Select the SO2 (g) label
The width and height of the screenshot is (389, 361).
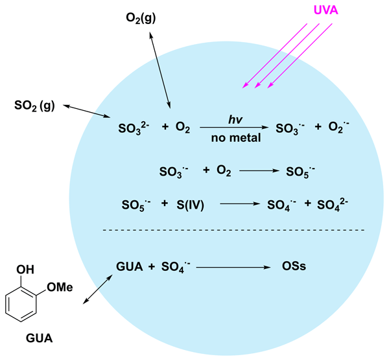coord(37,106)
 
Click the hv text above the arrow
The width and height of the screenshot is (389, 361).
coord(235,119)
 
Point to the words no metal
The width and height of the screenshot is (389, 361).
coord(234,137)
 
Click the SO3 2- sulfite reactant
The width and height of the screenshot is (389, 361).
coord(135,129)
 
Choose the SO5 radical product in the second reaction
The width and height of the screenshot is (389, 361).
coord(302,172)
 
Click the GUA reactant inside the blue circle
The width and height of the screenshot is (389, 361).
coord(128,266)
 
